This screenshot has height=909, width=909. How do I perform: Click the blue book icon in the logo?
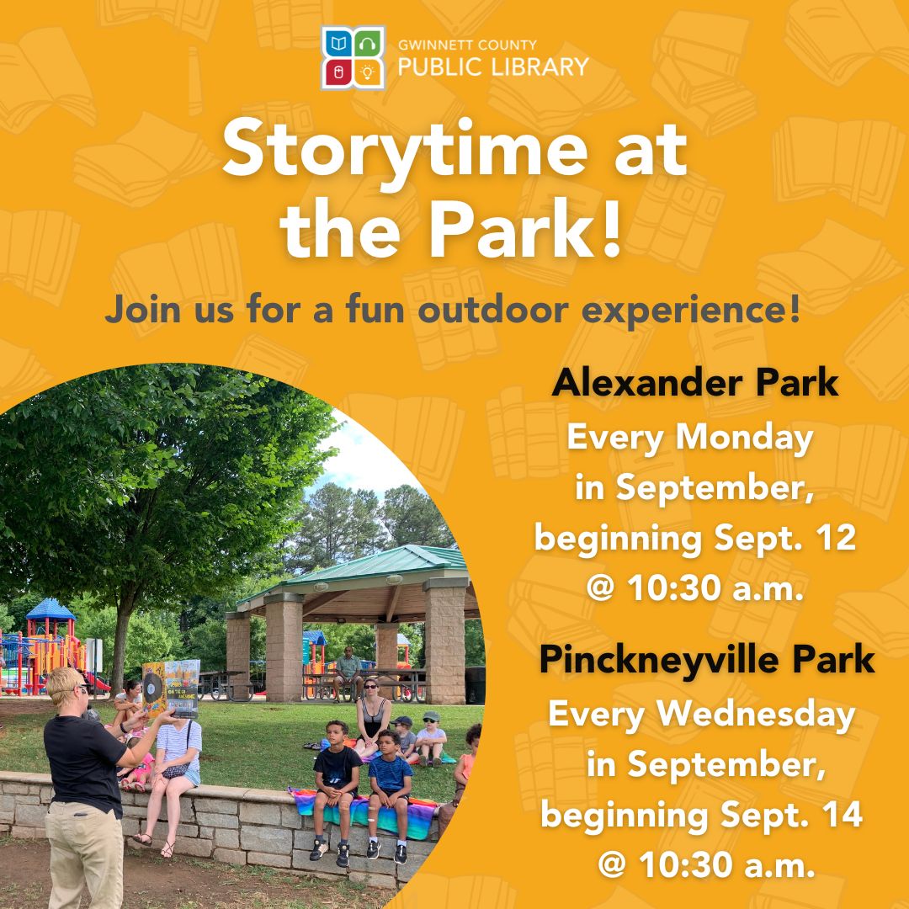tap(338, 43)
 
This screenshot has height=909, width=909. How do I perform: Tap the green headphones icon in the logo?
tap(368, 43)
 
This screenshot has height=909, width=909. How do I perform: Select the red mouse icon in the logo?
tap(338, 72)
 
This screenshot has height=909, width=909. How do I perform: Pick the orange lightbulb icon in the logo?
tap(368, 72)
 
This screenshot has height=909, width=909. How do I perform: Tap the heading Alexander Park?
tap(695, 383)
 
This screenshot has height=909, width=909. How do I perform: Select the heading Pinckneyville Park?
tap(707, 661)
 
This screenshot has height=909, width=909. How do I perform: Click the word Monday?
tap(744, 439)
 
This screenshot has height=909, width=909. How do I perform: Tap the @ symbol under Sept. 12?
tap(601, 589)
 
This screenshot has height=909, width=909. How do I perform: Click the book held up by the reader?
tap(171, 688)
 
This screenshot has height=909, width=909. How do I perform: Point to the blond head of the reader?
tap(66, 686)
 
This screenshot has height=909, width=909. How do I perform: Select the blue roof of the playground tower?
tap(50, 610)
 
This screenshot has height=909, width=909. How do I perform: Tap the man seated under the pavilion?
tap(348, 672)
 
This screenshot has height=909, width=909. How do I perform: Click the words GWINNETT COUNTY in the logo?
tap(467, 45)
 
